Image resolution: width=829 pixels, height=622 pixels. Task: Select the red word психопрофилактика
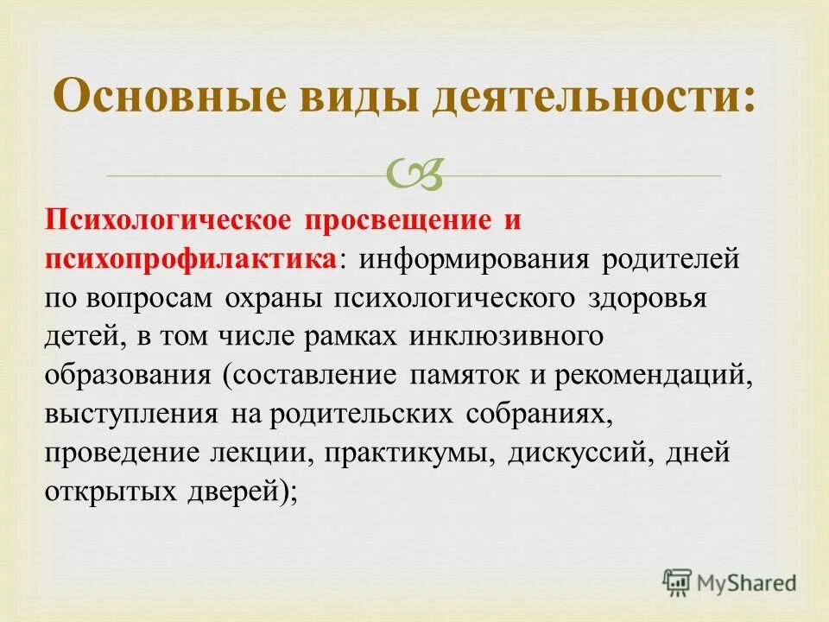[191, 259]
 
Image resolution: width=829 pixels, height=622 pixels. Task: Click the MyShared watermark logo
[729, 582]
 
